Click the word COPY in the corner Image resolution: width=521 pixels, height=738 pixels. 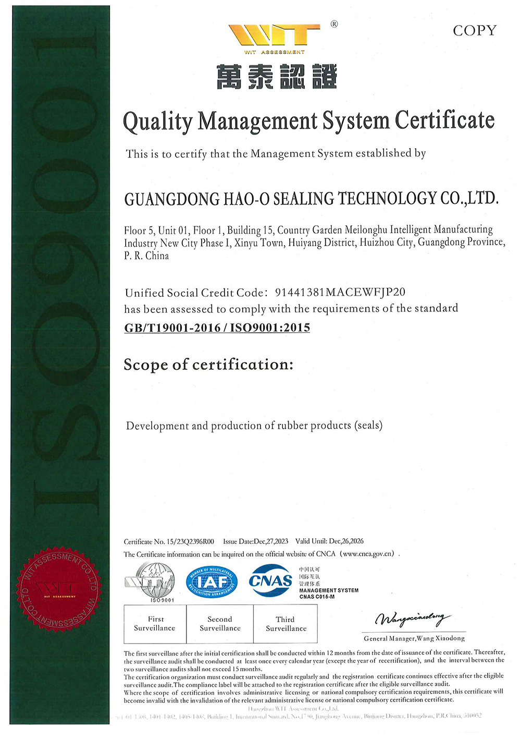coord(475,31)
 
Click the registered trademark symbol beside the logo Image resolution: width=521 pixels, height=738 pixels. coord(334,24)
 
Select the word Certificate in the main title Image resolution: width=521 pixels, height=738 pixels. coord(444,120)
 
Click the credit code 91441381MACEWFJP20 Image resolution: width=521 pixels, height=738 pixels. coord(340,293)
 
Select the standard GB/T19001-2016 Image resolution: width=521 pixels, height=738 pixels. coord(172,328)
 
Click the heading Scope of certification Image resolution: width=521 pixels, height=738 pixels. coord(208,365)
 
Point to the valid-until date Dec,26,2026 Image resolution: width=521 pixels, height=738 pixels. coord(346,541)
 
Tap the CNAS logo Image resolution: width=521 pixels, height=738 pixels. coord(271,580)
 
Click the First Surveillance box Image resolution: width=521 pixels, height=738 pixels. coord(155,624)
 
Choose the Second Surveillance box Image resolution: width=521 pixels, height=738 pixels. coord(220,624)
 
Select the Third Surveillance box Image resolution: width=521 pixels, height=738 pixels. coord(286,624)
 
